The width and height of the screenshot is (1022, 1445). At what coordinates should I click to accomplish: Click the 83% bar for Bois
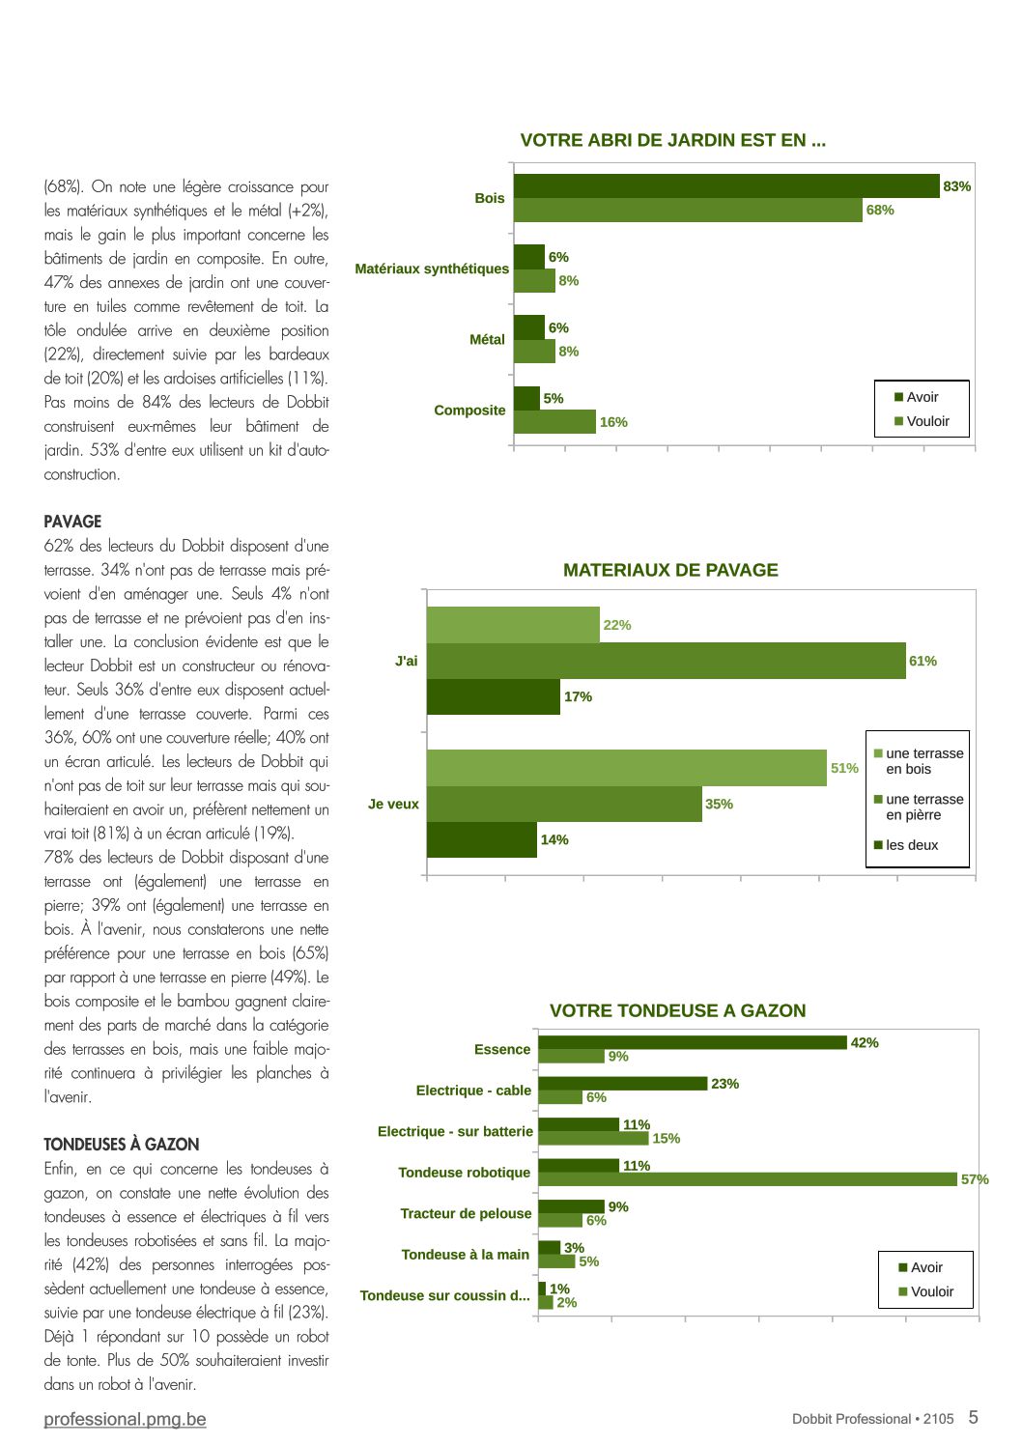[726, 185]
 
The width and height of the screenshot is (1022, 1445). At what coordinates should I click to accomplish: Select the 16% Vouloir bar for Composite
[554, 422]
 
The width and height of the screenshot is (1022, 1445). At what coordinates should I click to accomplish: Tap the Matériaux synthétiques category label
[432, 269]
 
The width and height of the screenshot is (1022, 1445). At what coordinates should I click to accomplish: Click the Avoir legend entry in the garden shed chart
[916, 397]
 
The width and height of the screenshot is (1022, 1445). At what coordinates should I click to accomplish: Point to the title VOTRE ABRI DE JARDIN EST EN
[673, 141]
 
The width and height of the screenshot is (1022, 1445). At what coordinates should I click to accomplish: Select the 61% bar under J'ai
[666, 661]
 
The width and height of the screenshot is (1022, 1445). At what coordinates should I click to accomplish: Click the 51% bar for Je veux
[627, 768]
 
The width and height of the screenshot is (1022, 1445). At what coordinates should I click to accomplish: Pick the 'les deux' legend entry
[906, 845]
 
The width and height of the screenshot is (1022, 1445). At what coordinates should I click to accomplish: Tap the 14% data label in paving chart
[554, 840]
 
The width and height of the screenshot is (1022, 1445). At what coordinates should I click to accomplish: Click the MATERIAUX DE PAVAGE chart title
[670, 570]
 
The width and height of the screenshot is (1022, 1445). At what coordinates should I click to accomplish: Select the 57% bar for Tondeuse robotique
[748, 1179]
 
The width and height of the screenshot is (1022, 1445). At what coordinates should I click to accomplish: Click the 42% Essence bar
[693, 1042]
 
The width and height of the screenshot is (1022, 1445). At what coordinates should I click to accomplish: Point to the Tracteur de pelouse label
[466, 1213]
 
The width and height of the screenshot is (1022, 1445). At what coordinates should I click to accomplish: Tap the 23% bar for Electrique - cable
[623, 1084]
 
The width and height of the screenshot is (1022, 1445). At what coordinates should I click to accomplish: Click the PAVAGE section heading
[72, 522]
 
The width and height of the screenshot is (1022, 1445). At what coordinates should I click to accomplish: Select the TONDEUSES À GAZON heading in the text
[122, 1145]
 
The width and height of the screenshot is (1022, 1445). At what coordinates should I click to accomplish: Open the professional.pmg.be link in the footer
[126, 1419]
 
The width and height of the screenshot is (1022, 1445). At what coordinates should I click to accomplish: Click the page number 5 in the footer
[973, 1417]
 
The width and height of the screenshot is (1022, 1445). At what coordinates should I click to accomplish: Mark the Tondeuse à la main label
[466, 1255]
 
